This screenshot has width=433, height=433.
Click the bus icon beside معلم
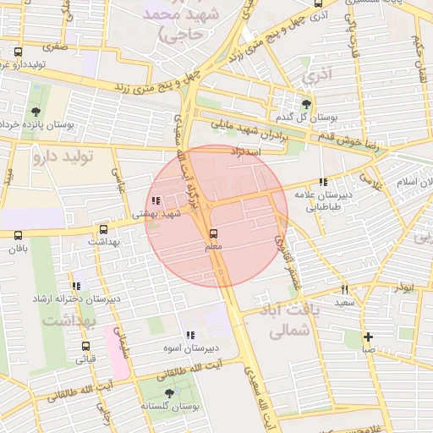coord(211,233)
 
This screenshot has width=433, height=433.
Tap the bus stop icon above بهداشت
coord(103,228)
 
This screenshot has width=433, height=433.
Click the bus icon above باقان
coord(19,235)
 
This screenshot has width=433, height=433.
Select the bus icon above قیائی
coord(85,346)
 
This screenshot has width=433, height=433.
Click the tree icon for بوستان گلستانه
coord(170,394)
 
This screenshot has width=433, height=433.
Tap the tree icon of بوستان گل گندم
coord(306,104)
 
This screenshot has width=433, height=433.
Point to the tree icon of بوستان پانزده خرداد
coord(36,112)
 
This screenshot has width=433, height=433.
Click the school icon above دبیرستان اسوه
coord(190,335)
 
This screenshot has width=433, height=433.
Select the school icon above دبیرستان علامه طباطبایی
coord(322,181)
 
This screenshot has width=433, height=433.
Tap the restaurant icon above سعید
coord(344,289)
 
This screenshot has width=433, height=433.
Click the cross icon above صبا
coord(368,336)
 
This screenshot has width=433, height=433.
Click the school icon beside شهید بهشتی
coord(155,201)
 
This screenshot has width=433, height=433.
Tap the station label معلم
coord(215,246)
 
